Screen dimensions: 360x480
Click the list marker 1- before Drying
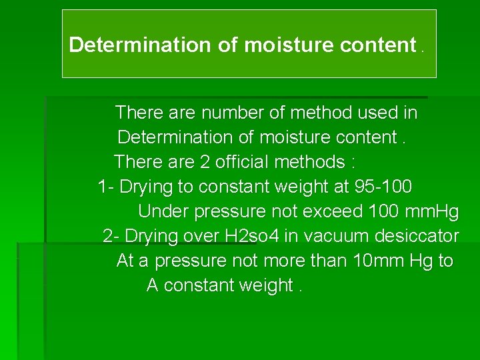(106, 187)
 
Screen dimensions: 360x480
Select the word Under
(163, 211)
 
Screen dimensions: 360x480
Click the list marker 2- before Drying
(112, 236)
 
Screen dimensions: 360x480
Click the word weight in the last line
(265, 285)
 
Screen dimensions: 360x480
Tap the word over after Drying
(204, 236)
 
